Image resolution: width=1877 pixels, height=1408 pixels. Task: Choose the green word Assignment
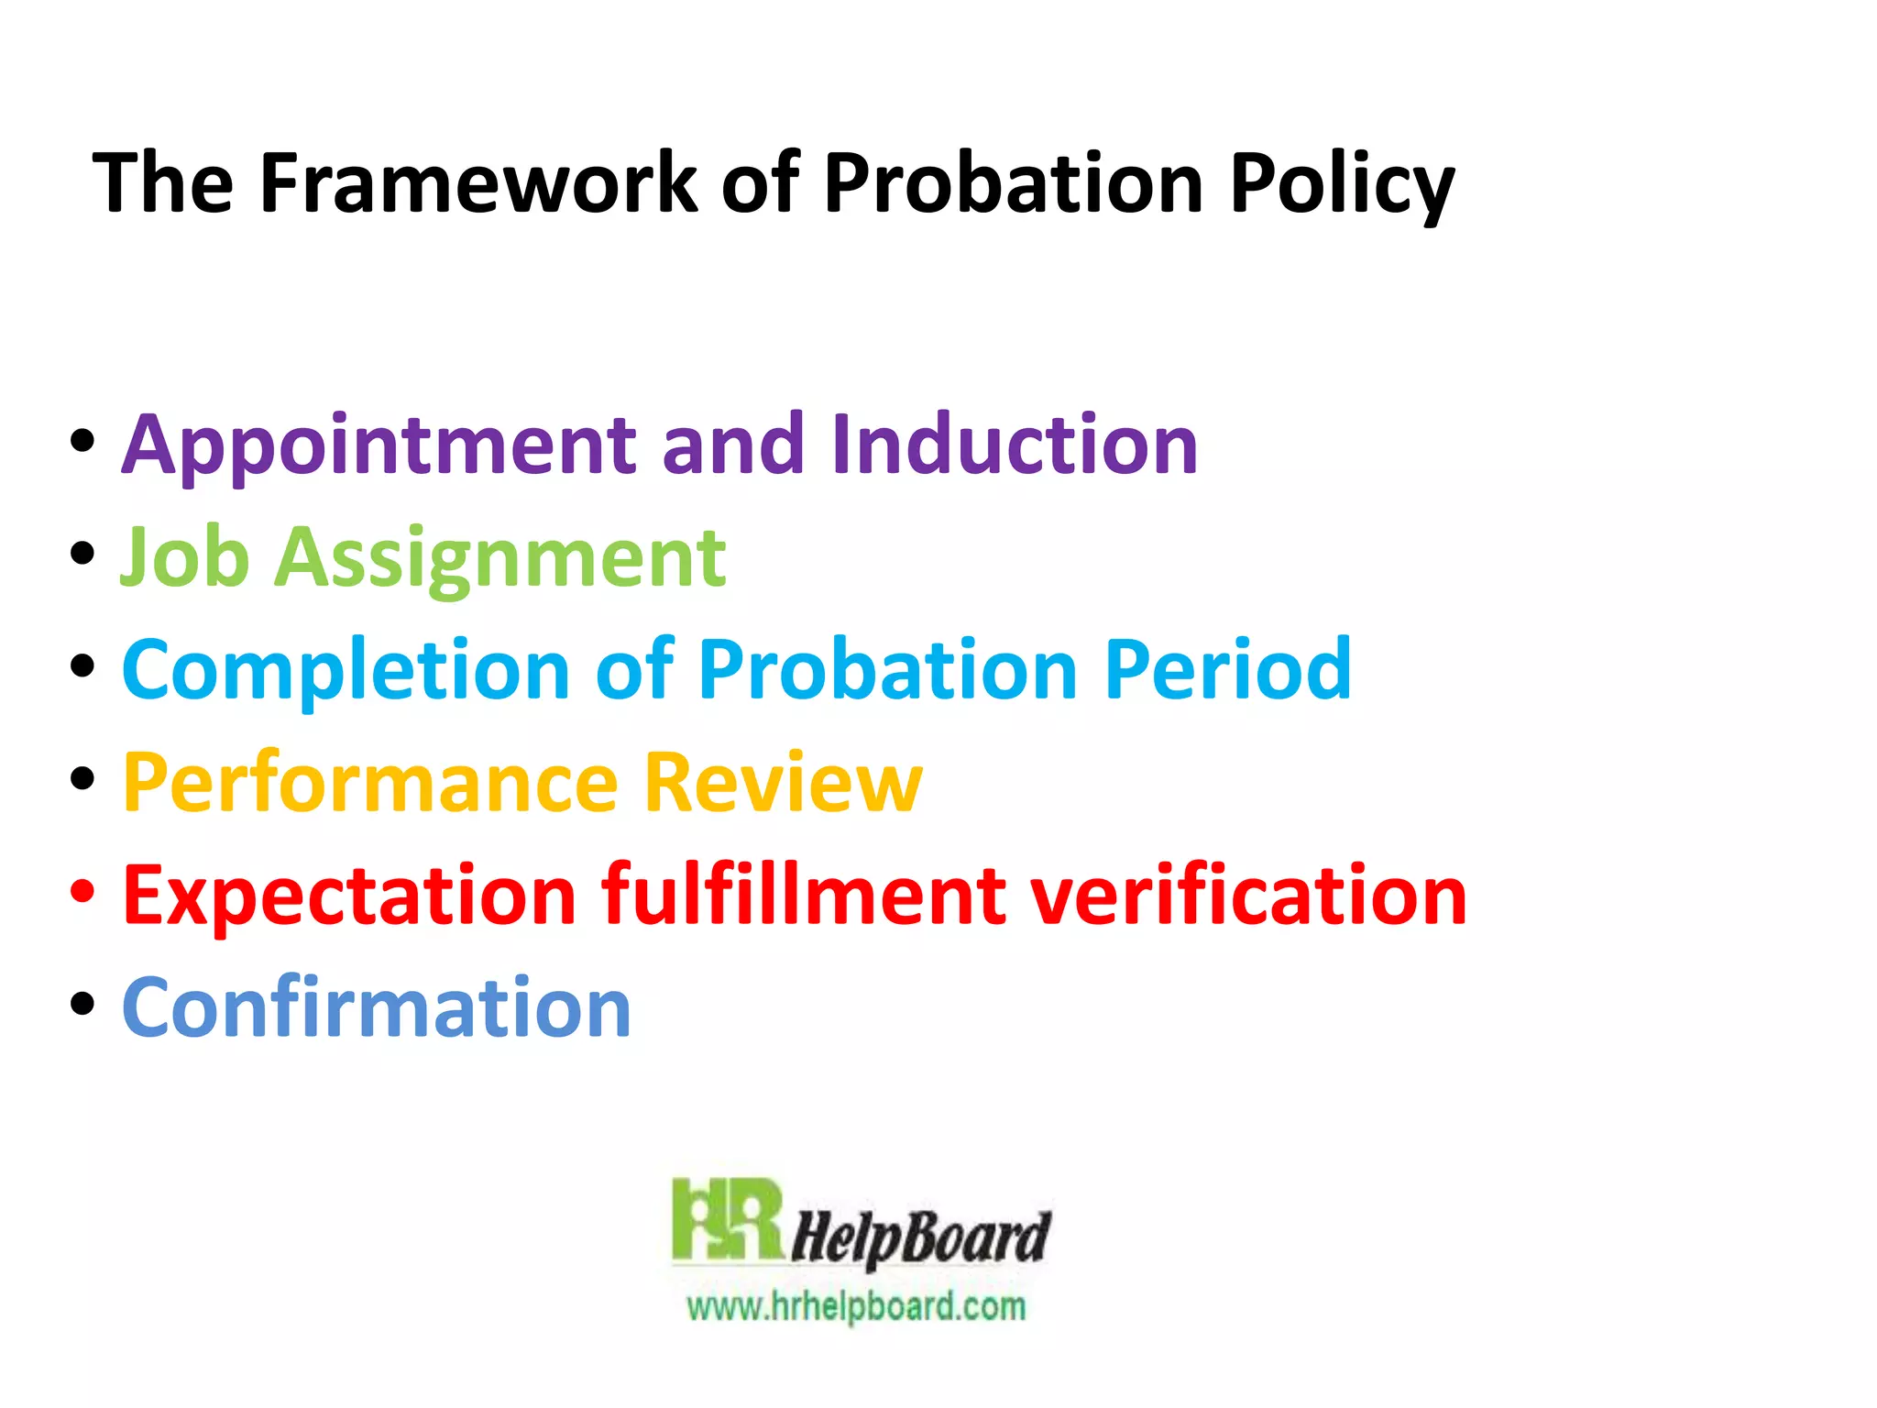pyautogui.click(x=500, y=559)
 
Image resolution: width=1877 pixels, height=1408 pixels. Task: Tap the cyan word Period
pyautogui.click(x=1228, y=670)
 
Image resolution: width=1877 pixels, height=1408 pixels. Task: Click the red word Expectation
pyautogui.click(x=349, y=896)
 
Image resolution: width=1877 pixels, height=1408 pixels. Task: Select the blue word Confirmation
pyautogui.click(x=377, y=1007)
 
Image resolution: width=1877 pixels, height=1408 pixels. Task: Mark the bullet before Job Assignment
pyautogui.click(x=82, y=553)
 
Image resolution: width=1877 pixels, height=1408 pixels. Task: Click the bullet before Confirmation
pyautogui.click(x=82, y=1003)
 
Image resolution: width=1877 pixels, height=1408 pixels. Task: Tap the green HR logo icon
pyautogui.click(x=727, y=1220)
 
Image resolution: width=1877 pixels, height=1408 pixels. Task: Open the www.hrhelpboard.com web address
pyautogui.click(x=856, y=1305)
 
